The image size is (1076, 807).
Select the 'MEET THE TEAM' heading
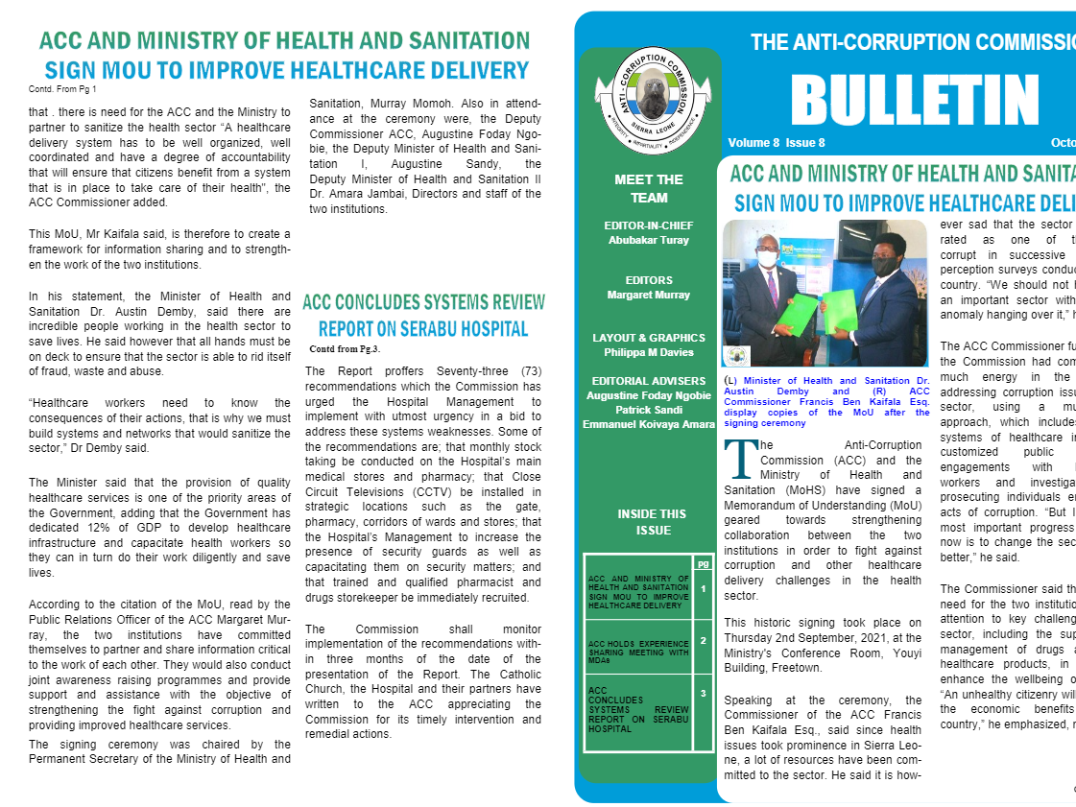tap(649, 188)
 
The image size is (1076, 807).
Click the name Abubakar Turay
tap(649, 240)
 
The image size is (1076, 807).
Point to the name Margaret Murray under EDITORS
tap(649, 295)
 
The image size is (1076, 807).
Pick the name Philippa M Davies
tap(649, 351)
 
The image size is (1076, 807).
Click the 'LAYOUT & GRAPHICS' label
tap(649, 338)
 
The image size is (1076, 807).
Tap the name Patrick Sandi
tap(649, 409)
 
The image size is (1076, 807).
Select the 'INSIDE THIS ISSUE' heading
tap(652, 522)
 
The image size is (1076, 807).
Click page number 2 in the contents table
tap(704, 640)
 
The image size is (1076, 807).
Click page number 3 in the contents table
tap(704, 693)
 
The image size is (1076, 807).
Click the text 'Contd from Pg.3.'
tap(345, 348)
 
